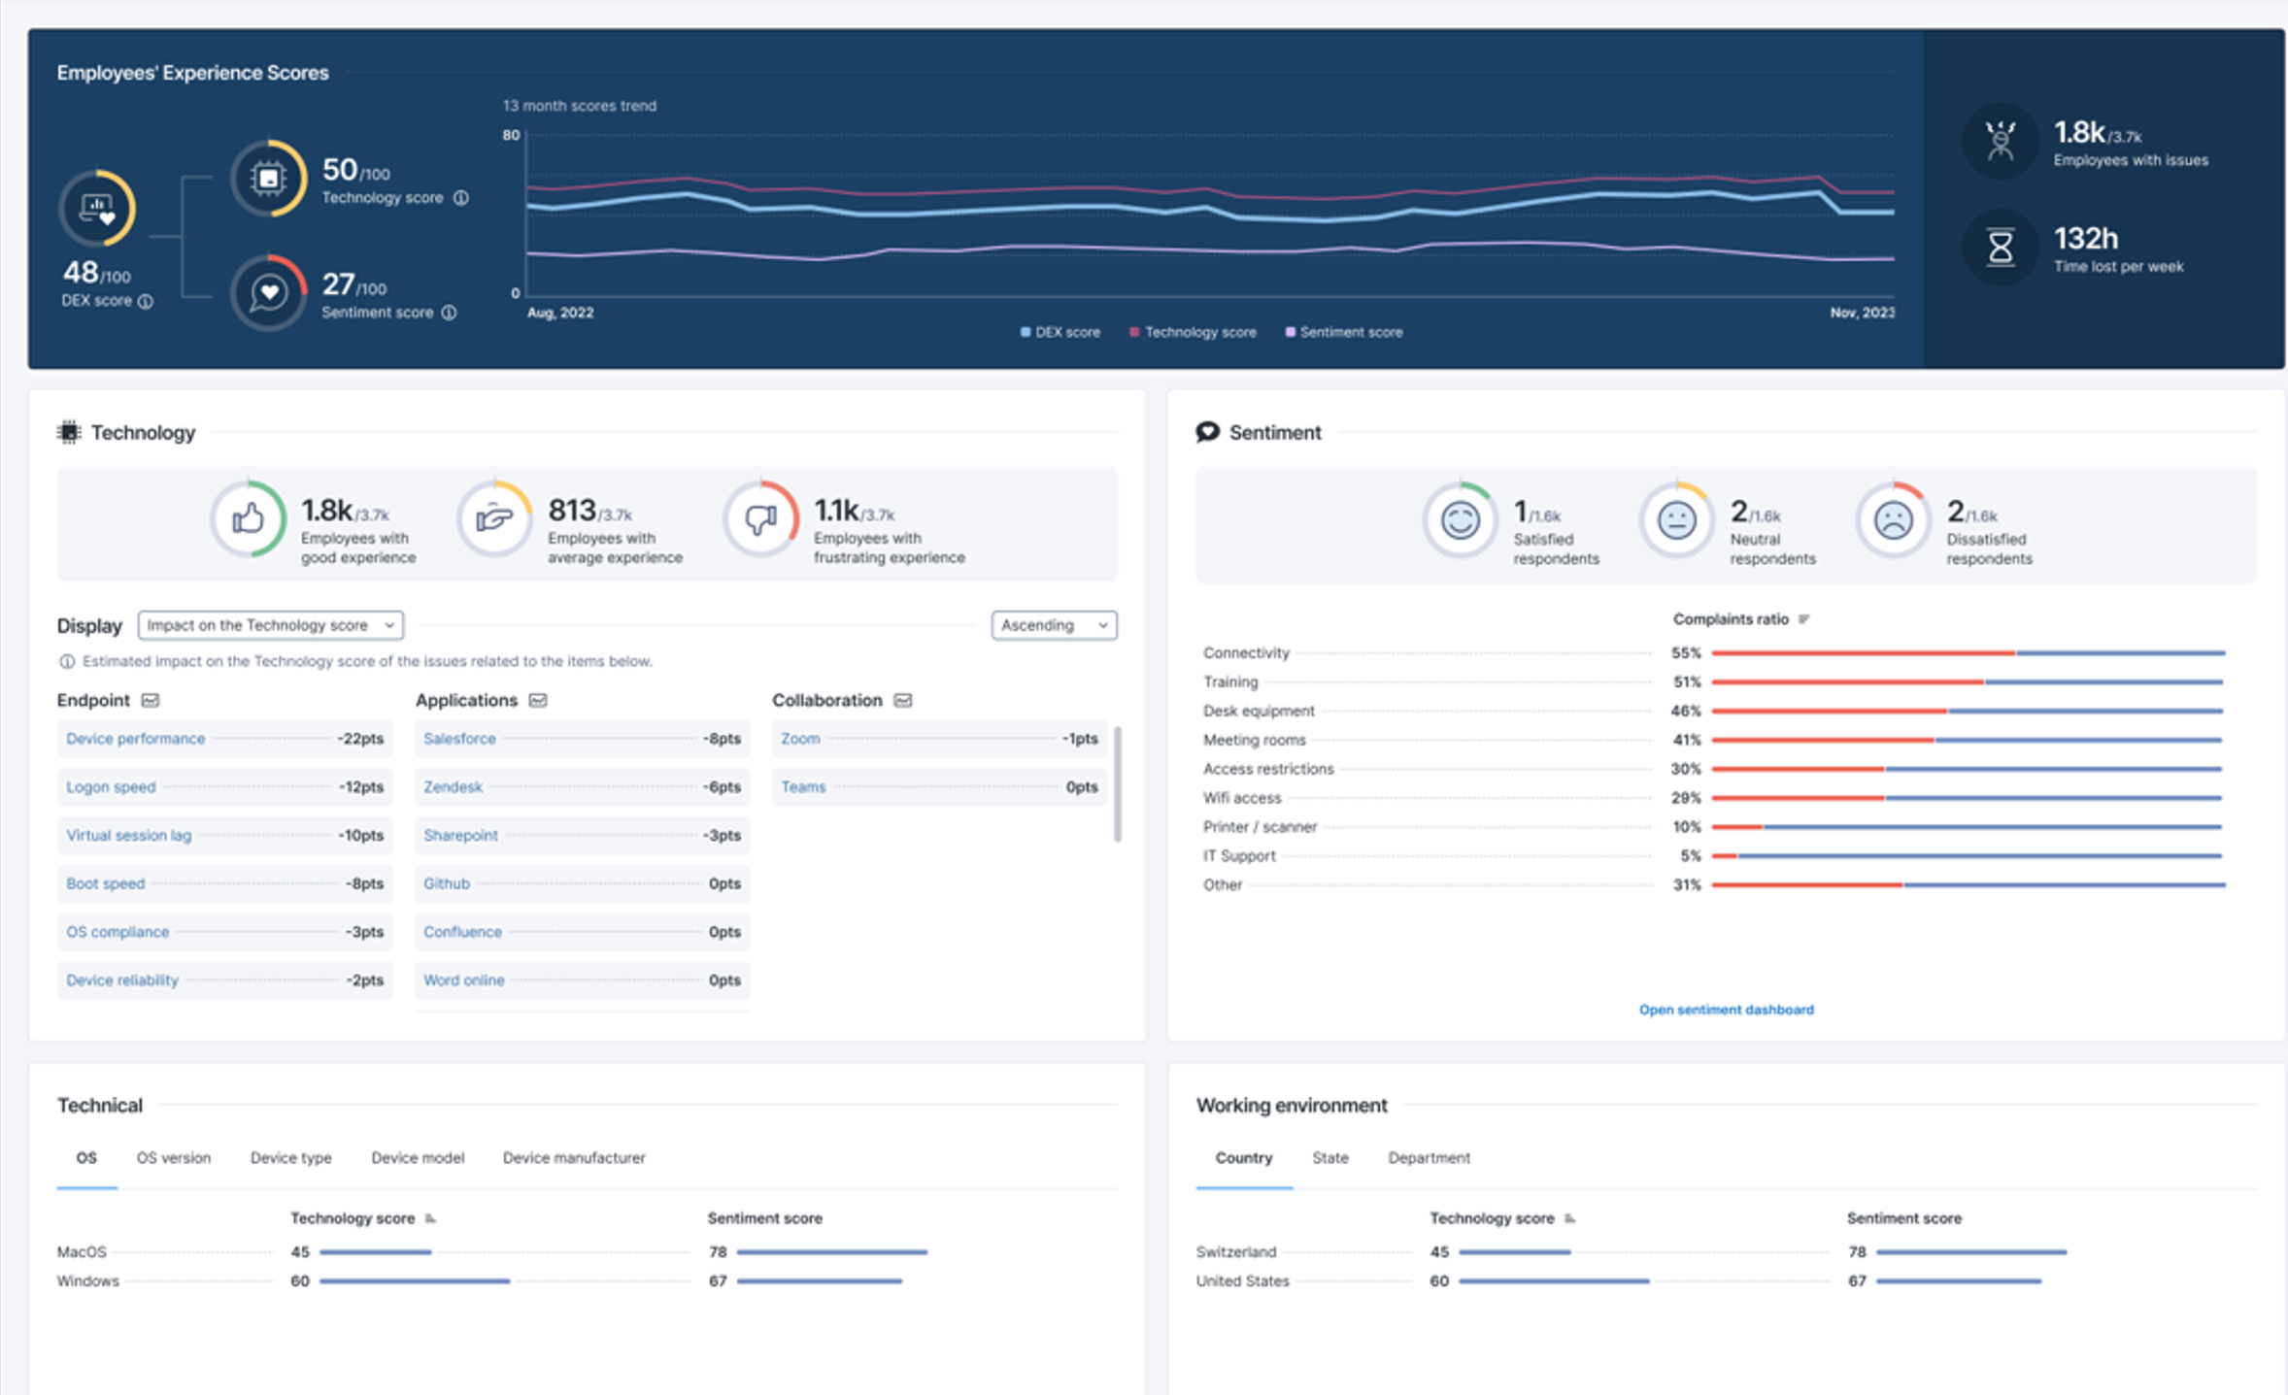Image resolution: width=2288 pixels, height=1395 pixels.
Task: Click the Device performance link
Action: [135, 739]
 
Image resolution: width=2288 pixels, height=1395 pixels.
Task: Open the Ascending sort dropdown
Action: [1054, 625]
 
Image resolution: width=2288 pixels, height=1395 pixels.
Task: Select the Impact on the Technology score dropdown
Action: [270, 625]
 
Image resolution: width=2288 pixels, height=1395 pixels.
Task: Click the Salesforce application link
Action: [459, 739]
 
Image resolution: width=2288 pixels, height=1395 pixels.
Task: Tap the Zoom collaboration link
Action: [800, 739]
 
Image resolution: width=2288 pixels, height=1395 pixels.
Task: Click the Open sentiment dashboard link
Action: [1726, 1010]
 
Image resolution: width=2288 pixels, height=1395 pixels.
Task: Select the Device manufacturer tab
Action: [573, 1158]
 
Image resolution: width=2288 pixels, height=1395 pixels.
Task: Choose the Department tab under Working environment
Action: [1429, 1158]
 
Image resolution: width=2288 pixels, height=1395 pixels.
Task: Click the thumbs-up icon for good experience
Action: [249, 519]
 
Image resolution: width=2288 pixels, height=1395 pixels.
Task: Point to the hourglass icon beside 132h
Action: [2000, 248]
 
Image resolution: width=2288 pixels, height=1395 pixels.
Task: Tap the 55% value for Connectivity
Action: [1685, 653]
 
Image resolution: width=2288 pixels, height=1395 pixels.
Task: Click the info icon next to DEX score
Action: [146, 301]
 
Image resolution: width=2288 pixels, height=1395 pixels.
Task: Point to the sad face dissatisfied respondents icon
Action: [1893, 520]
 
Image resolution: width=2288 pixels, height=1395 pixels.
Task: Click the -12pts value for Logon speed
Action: [360, 787]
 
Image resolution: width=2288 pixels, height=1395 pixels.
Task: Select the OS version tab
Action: [173, 1158]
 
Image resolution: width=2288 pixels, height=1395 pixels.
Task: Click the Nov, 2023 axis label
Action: [1861, 313]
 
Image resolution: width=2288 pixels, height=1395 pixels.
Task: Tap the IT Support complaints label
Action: [1238, 856]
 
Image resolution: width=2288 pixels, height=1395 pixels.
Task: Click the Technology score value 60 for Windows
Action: [299, 1281]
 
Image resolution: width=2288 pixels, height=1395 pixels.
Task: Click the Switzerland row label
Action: [1235, 1252]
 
